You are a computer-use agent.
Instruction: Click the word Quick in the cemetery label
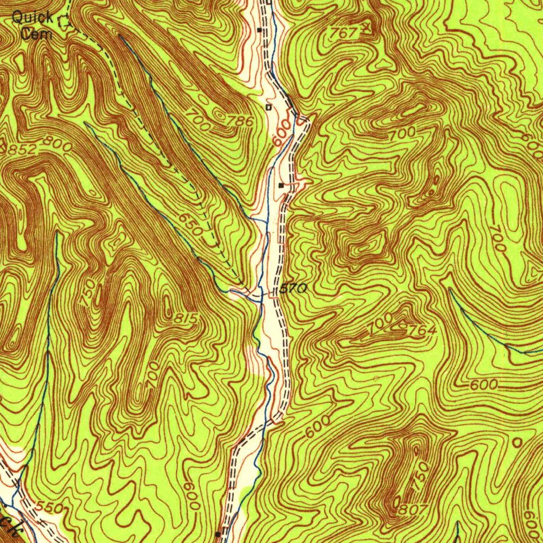pyautogui.click(x=32, y=17)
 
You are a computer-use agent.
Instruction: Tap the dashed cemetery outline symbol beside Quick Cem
pyautogui.click(x=64, y=22)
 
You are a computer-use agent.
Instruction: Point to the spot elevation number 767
pyautogui.click(x=344, y=33)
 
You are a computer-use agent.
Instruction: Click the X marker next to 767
pyautogui.click(x=365, y=27)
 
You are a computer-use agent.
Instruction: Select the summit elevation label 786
pyautogui.click(x=240, y=121)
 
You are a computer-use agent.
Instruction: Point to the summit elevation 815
pyautogui.click(x=186, y=318)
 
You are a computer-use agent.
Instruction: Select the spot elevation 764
pyautogui.click(x=422, y=330)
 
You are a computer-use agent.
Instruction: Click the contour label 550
pyautogui.click(x=51, y=508)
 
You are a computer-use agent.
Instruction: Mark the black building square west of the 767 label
pyautogui.click(x=259, y=30)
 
